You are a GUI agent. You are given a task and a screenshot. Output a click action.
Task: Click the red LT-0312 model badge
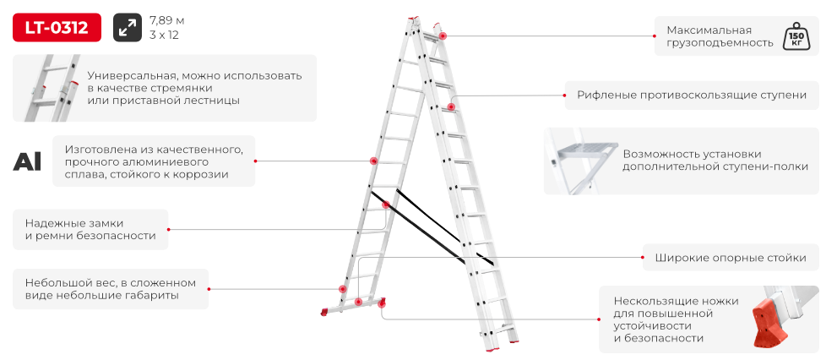[x=57, y=27]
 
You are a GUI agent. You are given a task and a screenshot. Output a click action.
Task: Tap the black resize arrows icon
[x=128, y=27]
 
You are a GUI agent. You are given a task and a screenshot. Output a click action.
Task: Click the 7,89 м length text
[x=167, y=21]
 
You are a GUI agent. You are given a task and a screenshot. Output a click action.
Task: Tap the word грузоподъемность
[x=720, y=43]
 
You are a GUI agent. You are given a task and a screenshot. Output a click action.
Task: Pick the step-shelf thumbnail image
[x=581, y=161]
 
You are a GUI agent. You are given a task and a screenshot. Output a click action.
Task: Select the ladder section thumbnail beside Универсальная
[x=52, y=88]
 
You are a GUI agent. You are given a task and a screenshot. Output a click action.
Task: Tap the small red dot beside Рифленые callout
[x=564, y=95]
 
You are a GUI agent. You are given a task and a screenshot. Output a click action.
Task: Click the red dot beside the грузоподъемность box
[x=655, y=36]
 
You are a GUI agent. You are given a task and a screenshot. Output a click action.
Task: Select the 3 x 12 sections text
[x=165, y=35]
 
